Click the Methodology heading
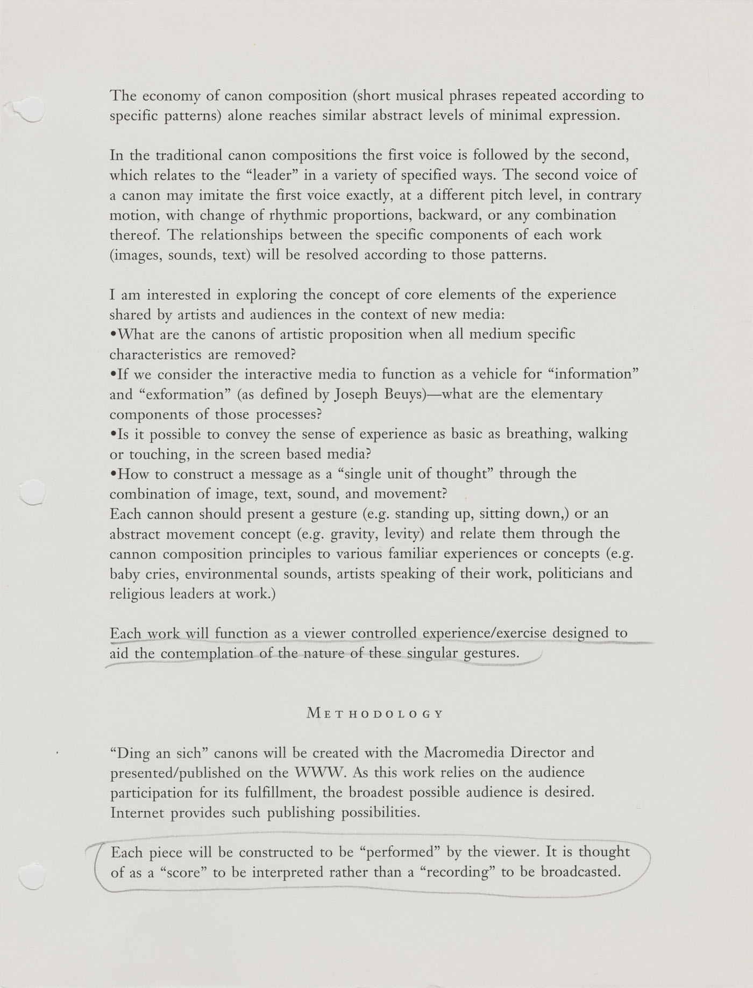(375, 714)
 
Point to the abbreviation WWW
(318, 772)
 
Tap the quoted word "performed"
(400, 852)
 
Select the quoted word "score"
(182, 872)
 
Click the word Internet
(137, 812)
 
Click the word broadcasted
(580, 872)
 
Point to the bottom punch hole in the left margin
(30, 876)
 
